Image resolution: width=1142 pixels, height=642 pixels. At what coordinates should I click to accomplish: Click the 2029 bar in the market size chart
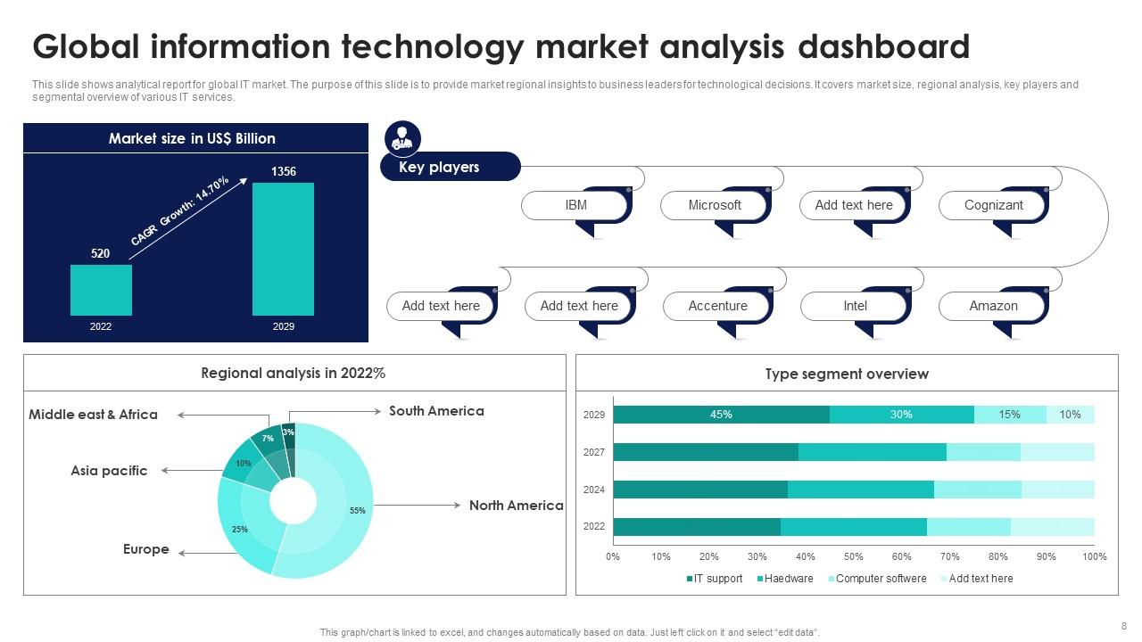pos(283,249)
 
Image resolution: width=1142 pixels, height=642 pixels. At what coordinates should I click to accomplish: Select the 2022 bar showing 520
pos(101,290)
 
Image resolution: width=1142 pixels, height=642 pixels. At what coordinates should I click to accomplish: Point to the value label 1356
pos(283,171)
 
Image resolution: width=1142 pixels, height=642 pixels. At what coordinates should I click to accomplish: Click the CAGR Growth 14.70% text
pos(180,211)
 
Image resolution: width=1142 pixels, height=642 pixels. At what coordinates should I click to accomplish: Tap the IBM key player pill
pos(576,205)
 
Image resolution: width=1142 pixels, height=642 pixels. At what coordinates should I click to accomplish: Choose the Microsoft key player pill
pos(715,205)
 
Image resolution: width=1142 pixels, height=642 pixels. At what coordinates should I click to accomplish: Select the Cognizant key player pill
pos(993,205)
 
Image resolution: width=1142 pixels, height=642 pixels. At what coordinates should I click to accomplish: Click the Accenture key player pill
pos(717,306)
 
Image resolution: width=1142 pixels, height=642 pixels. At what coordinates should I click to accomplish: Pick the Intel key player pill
pos(855,306)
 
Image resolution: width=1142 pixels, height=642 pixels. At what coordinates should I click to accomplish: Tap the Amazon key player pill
pos(993,306)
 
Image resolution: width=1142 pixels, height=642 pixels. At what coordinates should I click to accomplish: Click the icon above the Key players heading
pos(402,138)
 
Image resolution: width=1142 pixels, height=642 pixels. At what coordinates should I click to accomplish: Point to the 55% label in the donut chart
pos(358,511)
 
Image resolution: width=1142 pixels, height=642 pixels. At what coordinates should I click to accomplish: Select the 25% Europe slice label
pos(240,530)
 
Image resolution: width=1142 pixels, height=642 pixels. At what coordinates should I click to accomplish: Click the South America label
pos(436,411)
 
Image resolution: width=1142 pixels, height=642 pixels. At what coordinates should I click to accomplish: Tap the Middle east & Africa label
pos(93,415)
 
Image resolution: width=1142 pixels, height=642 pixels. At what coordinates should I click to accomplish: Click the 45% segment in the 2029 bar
pos(721,415)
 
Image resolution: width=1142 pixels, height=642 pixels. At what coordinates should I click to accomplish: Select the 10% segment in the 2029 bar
pos(1070,415)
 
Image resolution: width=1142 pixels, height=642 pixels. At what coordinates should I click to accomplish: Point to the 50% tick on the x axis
pos(853,557)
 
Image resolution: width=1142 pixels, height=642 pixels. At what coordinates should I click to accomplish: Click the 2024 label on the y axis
pos(594,490)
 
